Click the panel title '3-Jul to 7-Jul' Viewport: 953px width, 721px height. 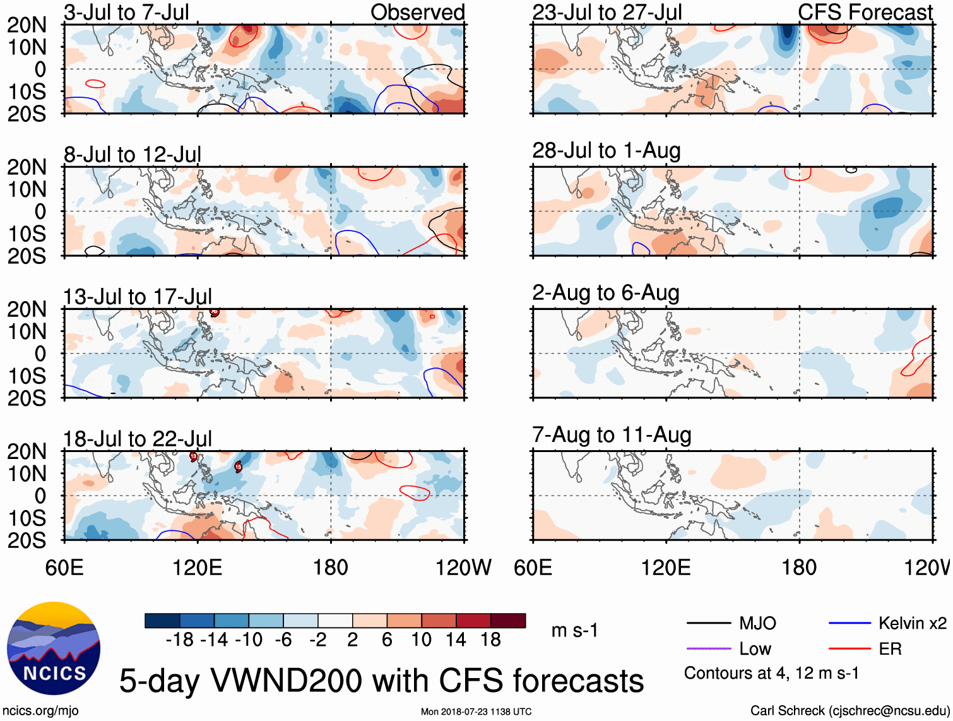pos(126,12)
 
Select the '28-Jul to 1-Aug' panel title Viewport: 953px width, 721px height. pos(606,151)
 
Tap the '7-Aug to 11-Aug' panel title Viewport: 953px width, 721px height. pos(611,435)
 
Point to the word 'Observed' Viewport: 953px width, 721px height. pos(417,12)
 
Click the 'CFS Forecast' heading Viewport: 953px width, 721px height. pos(865,12)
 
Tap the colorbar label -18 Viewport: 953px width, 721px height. pos(179,640)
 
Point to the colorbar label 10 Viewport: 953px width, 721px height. pos(421,640)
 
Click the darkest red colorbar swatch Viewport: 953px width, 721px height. pos(508,621)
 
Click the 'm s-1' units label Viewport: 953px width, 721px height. pos(574,631)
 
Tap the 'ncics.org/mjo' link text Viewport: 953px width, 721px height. pos(41,711)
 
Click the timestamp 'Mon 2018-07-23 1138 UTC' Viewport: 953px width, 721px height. pos(476,712)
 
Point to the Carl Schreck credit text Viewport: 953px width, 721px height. pos(849,711)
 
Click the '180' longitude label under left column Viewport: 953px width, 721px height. pos(331,568)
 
